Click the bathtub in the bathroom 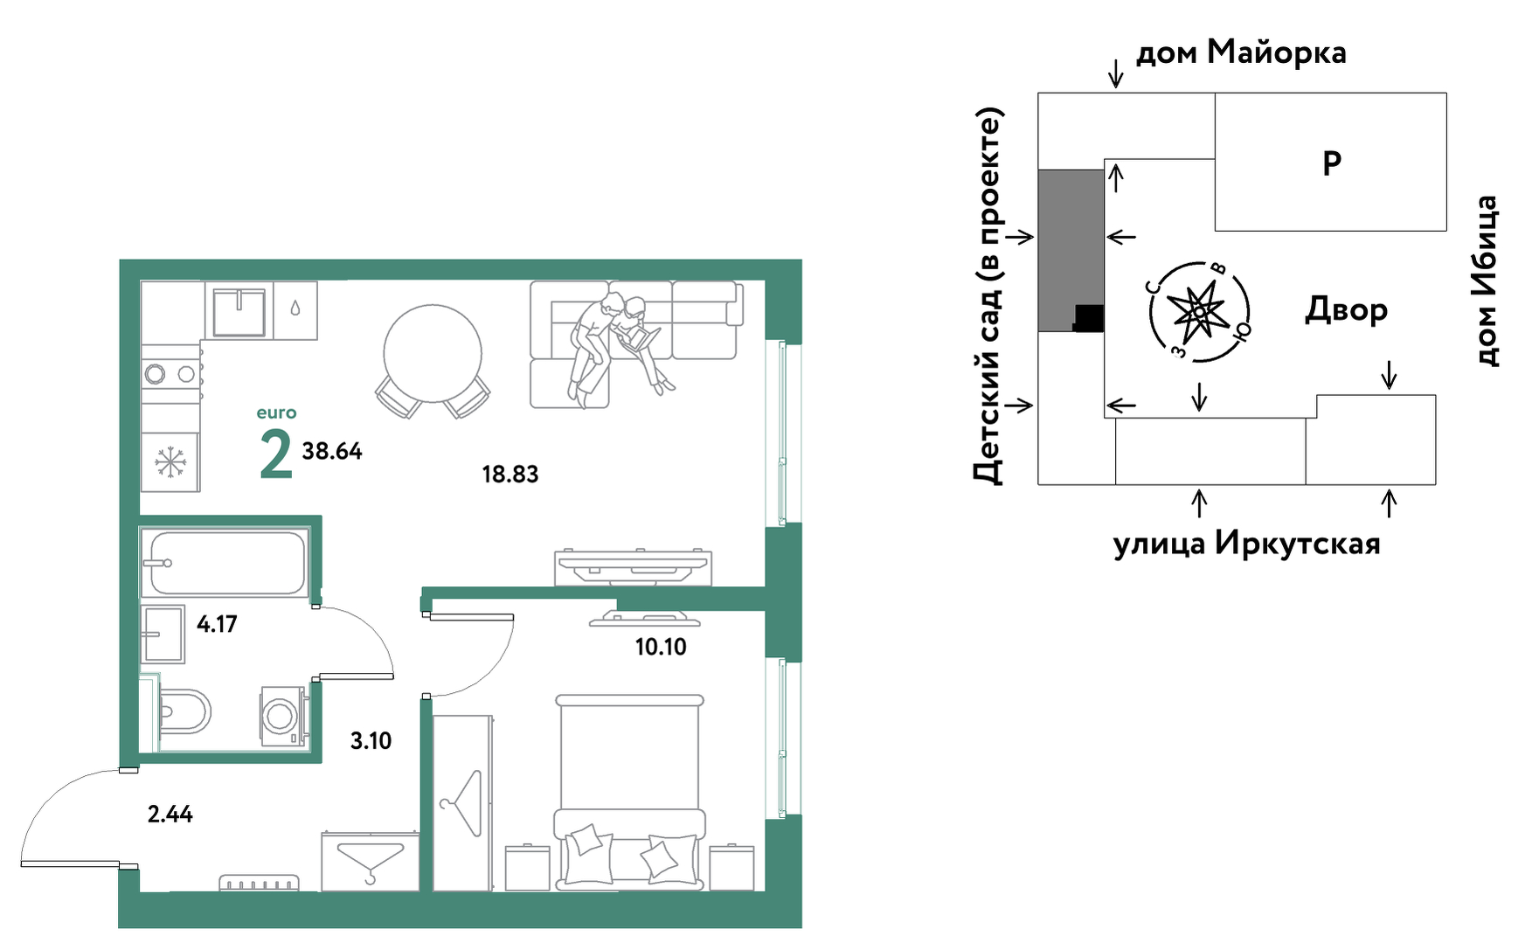(225, 563)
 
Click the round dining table (433, 354)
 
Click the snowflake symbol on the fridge (170, 461)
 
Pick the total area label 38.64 (332, 451)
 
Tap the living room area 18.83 (510, 475)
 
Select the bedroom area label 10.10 (661, 647)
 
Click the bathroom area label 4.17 (217, 624)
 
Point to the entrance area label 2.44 (170, 815)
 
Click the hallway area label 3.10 (371, 741)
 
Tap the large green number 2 (276, 454)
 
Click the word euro (276, 413)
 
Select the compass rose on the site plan (1200, 312)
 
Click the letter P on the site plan (1332, 163)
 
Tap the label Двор (1346, 310)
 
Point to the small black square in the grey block (1089, 318)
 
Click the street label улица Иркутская (1246, 544)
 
